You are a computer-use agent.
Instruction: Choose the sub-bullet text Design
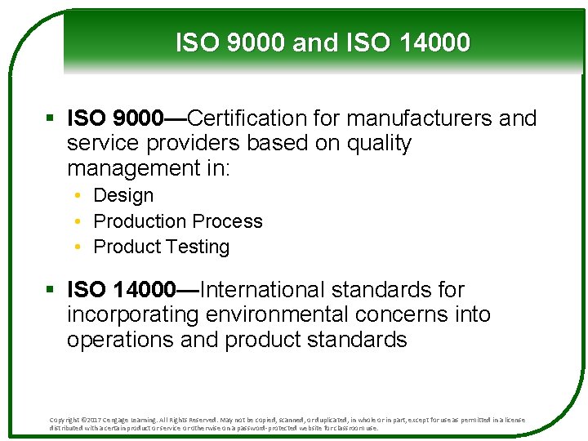[x=123, y=196]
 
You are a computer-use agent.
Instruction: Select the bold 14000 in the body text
[x=144, y=290]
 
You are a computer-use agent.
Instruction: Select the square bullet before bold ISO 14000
[x=51, y=291]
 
